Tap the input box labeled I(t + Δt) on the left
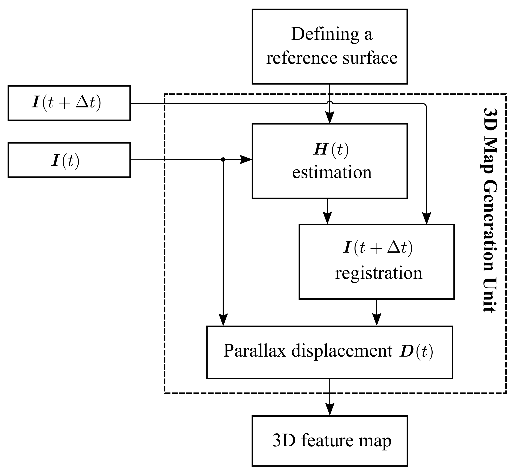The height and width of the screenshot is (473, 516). [69, 103]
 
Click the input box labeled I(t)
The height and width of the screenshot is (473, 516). [69, 160]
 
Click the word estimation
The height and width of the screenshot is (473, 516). [332, 173]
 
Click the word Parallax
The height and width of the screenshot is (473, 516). [254, 351]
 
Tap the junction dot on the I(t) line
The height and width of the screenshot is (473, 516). [223, 160]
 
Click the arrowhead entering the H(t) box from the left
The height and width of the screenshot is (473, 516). [246, 160]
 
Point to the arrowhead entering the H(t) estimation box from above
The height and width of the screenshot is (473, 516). [329, 118]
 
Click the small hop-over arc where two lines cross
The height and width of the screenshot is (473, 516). [329, 103]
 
